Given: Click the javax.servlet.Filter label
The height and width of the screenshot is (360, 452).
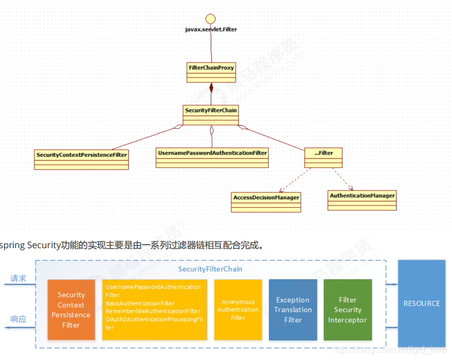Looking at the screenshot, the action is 211,29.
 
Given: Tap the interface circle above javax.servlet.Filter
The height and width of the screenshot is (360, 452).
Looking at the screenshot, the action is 211,18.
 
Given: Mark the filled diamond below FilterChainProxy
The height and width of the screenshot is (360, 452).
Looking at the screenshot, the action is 211,89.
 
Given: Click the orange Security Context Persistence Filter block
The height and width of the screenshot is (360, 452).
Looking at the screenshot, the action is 71,310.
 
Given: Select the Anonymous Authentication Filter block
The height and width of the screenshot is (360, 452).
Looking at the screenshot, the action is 238,310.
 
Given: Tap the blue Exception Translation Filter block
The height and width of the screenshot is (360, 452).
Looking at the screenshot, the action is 293,310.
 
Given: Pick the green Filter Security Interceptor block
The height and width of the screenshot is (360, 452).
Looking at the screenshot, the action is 347,310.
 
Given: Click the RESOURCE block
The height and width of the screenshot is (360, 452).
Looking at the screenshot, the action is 421,304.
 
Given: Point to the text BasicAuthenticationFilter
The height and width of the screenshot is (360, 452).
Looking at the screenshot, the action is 139,304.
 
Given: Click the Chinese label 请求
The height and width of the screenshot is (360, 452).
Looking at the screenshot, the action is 19,278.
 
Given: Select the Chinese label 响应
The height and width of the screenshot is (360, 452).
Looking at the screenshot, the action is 19,319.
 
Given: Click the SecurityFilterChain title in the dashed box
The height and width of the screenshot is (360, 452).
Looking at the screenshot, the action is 210,269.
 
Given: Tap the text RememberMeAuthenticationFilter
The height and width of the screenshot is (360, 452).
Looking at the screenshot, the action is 152,311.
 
